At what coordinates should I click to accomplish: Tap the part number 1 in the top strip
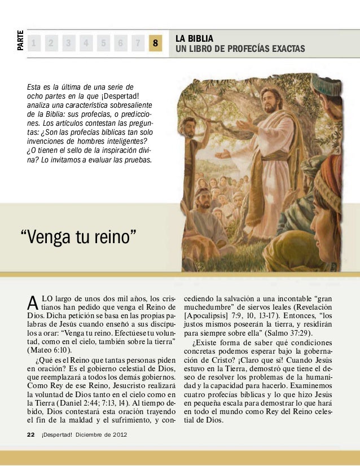pos(34,43)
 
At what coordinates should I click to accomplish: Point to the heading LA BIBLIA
pos(194,38)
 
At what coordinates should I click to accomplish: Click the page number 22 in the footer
pos(31,433)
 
